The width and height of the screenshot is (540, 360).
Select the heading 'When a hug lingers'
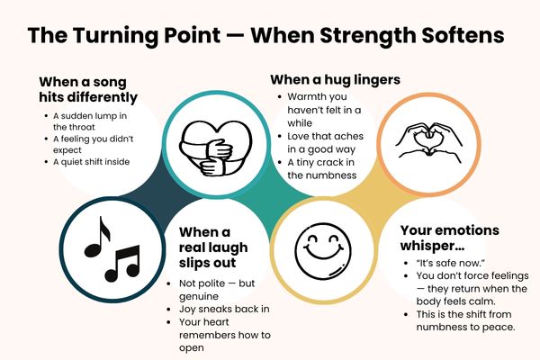click(x=336, y=79)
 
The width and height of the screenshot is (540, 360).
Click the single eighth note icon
click(x=96, y=237)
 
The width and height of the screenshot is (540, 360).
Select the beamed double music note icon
click(x=121, y=262)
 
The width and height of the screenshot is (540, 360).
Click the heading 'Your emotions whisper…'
click(x=450, y=238)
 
